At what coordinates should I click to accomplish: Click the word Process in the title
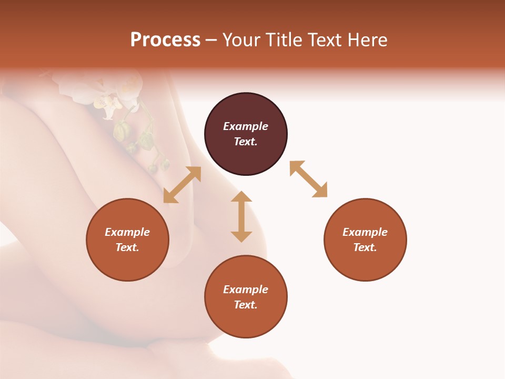tap(165, 40)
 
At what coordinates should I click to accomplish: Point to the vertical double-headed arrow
tap(241, 216)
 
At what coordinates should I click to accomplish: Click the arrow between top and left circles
tap(182, 185)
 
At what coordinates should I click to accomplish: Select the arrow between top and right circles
tap(308, 179)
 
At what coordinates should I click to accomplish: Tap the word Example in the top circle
tap(246, 126)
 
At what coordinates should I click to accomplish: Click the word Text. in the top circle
tap(246, 142)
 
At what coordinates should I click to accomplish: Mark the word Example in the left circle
tap(127, 232)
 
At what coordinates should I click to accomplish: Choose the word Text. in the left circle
tap(127, 247)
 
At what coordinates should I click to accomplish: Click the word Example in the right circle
tap(365, 232)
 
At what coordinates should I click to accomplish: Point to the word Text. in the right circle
tap(365, 247)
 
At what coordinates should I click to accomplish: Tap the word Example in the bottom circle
tap(246, 290)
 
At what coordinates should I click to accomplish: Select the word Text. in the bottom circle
tap(246, 305)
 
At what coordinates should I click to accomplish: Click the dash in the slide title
tap(211, 41)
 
